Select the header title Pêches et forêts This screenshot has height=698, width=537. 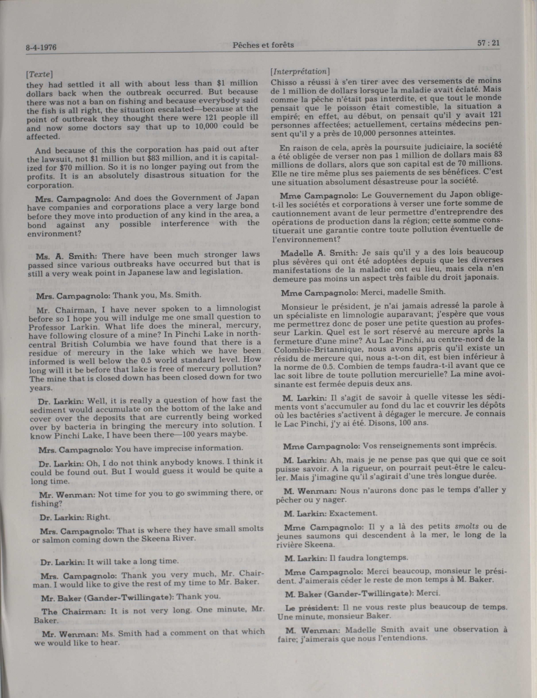[263, 45]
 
